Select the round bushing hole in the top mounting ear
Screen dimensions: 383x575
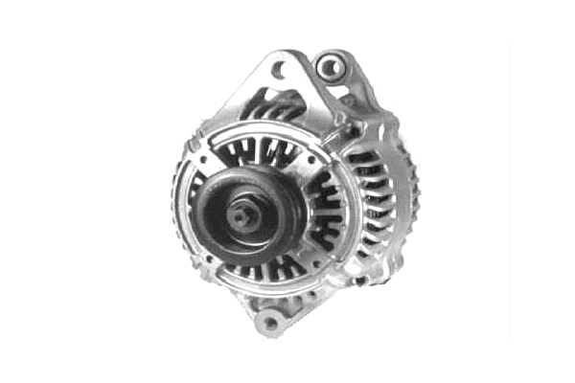[330, 66]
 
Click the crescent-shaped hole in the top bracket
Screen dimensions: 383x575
[280, 70]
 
